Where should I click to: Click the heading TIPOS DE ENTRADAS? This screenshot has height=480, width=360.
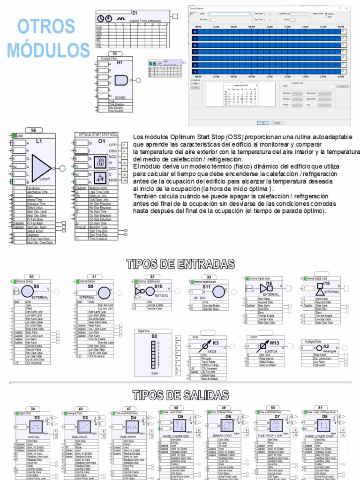[x=180, y=264]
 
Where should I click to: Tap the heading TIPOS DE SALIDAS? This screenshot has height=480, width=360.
[x=180, y=395]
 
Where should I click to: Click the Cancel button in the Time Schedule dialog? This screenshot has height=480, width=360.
[x=277, y=122]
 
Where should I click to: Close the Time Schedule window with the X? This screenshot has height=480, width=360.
[x=346, y=8]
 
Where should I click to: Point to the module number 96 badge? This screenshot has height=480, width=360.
[x=33, y=131]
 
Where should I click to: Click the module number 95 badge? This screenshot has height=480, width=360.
[x=112, y=54]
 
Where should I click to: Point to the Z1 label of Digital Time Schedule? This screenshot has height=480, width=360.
[x=135, y=13]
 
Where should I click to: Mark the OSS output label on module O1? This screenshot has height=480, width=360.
[x=113, y=151]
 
